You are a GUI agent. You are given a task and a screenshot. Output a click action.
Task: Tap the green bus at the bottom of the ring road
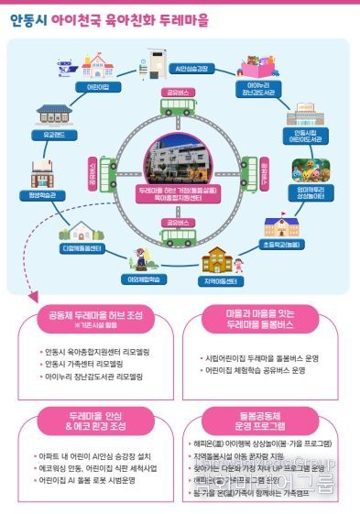tap(178, 236)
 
